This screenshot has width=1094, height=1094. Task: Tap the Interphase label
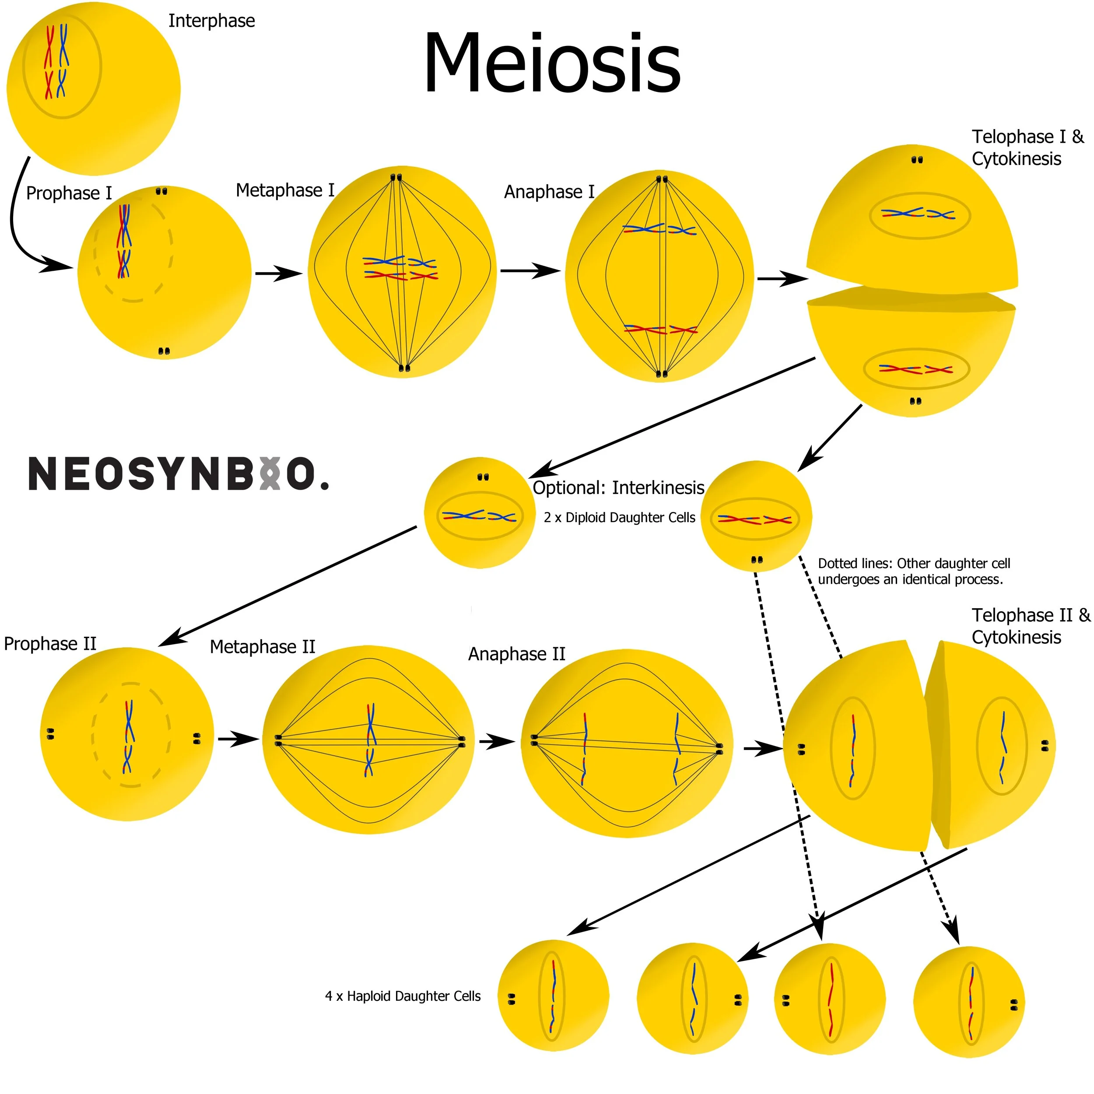click(211, 21)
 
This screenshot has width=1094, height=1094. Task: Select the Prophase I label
click(69, 193)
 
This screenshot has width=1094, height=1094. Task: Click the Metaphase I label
click(285, 190)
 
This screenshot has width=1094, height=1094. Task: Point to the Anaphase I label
click(549, 192)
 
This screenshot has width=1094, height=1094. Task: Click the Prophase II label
click(50, 644)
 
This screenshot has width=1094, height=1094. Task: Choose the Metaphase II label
click(262, 647)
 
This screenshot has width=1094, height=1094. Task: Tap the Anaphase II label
click(516, 654)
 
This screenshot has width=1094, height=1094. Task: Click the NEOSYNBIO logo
click(179, 473)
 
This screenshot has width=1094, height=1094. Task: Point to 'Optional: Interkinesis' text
click(618, 487)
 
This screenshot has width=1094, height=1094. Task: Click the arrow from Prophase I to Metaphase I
click(279, 274)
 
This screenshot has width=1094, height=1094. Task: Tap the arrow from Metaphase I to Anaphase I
click(530, 271)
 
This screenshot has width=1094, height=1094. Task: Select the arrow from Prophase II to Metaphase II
click(238, 739)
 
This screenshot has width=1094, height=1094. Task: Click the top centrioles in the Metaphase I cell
click(396, 177)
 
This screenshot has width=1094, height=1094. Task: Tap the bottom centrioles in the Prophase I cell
click(164, 352)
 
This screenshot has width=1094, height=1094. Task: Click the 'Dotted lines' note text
click(913, 572)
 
